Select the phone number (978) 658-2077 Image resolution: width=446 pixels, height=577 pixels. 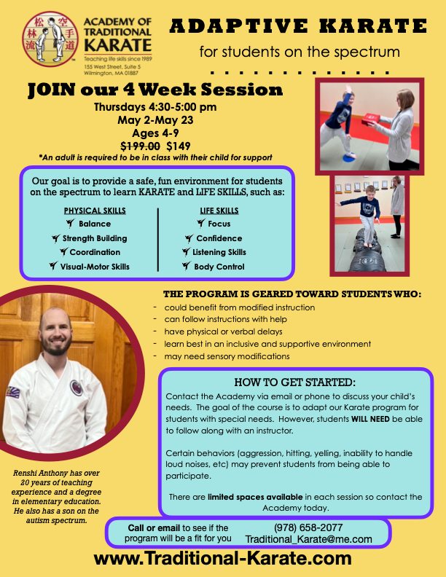click(x=308, y=527)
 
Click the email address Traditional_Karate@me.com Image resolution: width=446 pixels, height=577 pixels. click(x=308, y=539)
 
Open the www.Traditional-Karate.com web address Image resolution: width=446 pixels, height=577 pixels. click(x=222, y=559)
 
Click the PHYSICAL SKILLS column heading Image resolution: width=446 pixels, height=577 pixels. click(x=95, y=211)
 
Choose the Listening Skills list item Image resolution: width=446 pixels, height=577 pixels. click(x=219, y=252)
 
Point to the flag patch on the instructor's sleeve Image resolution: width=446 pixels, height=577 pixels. click(x=12, y=393)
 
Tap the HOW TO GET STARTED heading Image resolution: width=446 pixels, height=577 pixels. click(x=294, y=382)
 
